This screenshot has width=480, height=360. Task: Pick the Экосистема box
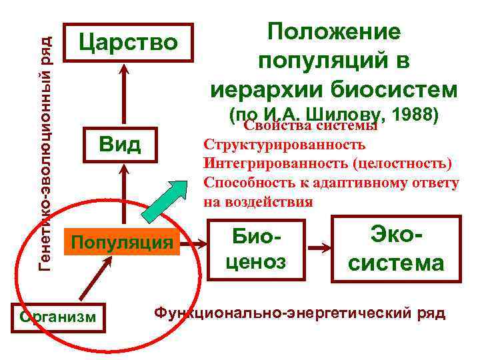click(396, 248)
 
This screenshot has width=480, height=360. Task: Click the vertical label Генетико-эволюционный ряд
click(45, 143)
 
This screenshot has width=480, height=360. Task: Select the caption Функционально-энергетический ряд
click(300, 313)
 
